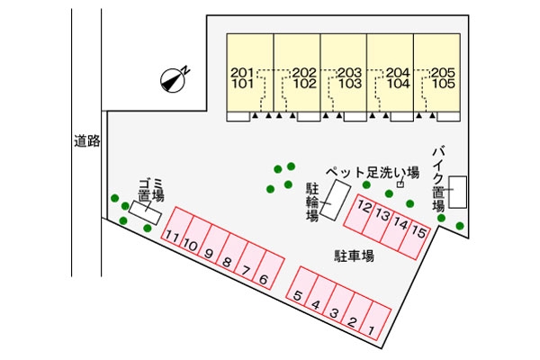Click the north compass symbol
tap(174, 80)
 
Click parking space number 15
tap(418, 229)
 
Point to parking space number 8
tap(227, 262)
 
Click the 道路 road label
tap(87, 140)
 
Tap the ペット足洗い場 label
tap(373, 172)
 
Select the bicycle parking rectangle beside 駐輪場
tap(338, 200)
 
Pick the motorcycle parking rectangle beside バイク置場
tap(457, 192)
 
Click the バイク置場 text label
tap(439, 180)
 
